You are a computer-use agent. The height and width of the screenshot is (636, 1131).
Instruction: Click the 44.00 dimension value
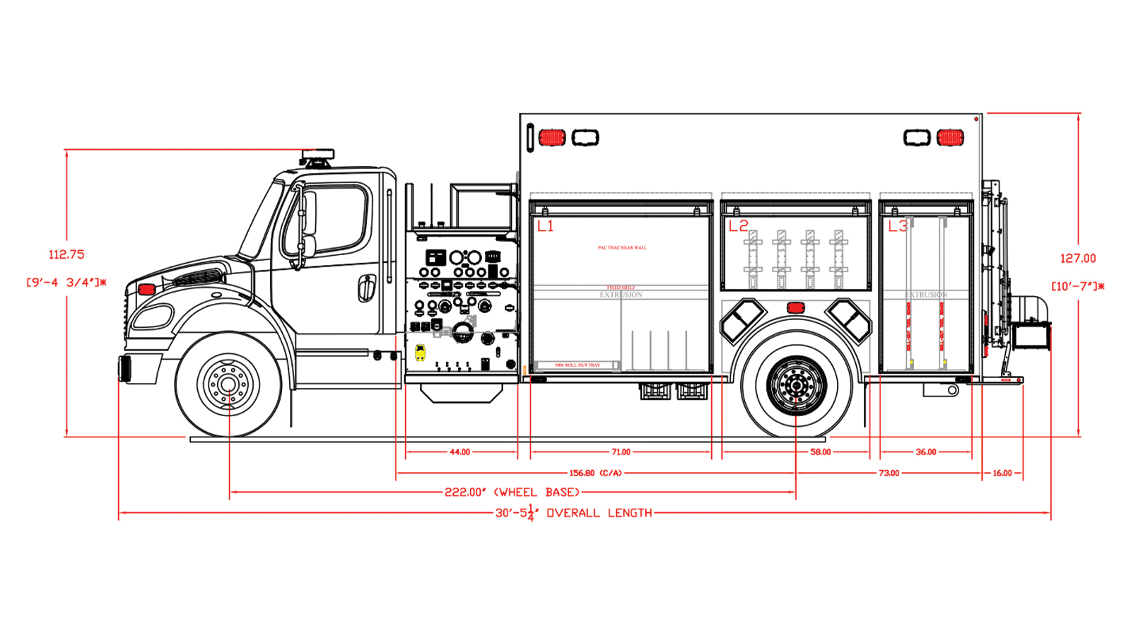coord(459,452)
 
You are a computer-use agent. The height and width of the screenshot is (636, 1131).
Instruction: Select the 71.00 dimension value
coord(621,452)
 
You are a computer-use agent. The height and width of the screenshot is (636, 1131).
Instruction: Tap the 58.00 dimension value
coord(820,452)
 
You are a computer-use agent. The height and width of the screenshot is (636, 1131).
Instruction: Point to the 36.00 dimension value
coord(925,452)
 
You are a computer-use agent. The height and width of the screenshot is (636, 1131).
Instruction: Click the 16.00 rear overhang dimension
coord(1002,473)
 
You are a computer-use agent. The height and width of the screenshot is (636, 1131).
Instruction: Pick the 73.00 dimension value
coord(889,473)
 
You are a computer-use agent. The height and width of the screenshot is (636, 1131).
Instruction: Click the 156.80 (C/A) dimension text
coord(595,473)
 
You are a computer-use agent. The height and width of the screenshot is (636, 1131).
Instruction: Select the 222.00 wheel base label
coord(512,492)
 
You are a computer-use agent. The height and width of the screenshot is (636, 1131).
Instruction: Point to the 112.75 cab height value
coord(66,254)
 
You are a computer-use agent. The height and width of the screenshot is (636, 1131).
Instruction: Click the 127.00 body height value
coord(1078,259)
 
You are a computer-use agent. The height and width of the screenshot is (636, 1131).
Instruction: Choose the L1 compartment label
coord(545,226)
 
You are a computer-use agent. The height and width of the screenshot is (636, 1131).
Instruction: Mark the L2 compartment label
coord(738,226)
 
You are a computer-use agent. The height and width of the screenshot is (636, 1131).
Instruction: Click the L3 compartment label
coord(898,226)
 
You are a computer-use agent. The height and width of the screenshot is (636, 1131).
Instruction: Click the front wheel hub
coord(228,384)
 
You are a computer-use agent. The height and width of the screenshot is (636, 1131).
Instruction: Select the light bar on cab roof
coord(317,155)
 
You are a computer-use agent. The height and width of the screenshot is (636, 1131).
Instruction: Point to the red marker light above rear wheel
coord(796,307)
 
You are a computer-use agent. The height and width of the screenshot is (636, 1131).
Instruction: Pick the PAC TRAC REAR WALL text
coord(622,248)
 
